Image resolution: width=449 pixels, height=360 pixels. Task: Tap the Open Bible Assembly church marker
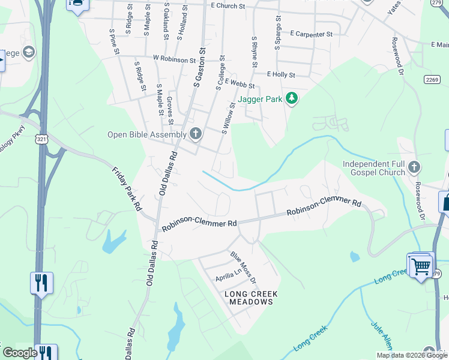196,134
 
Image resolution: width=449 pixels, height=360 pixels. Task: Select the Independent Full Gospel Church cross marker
414,167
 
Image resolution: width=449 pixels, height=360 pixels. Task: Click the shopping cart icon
421,265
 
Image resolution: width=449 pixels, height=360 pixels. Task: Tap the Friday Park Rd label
126,189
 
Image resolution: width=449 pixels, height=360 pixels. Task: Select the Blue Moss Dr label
244,268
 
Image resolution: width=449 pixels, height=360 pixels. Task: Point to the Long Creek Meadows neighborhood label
249,298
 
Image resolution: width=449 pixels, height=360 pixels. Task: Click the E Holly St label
281,75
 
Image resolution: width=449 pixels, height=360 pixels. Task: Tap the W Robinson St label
175,59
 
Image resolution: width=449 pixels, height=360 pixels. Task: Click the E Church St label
229,5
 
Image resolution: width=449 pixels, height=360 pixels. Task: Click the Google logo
20,353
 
